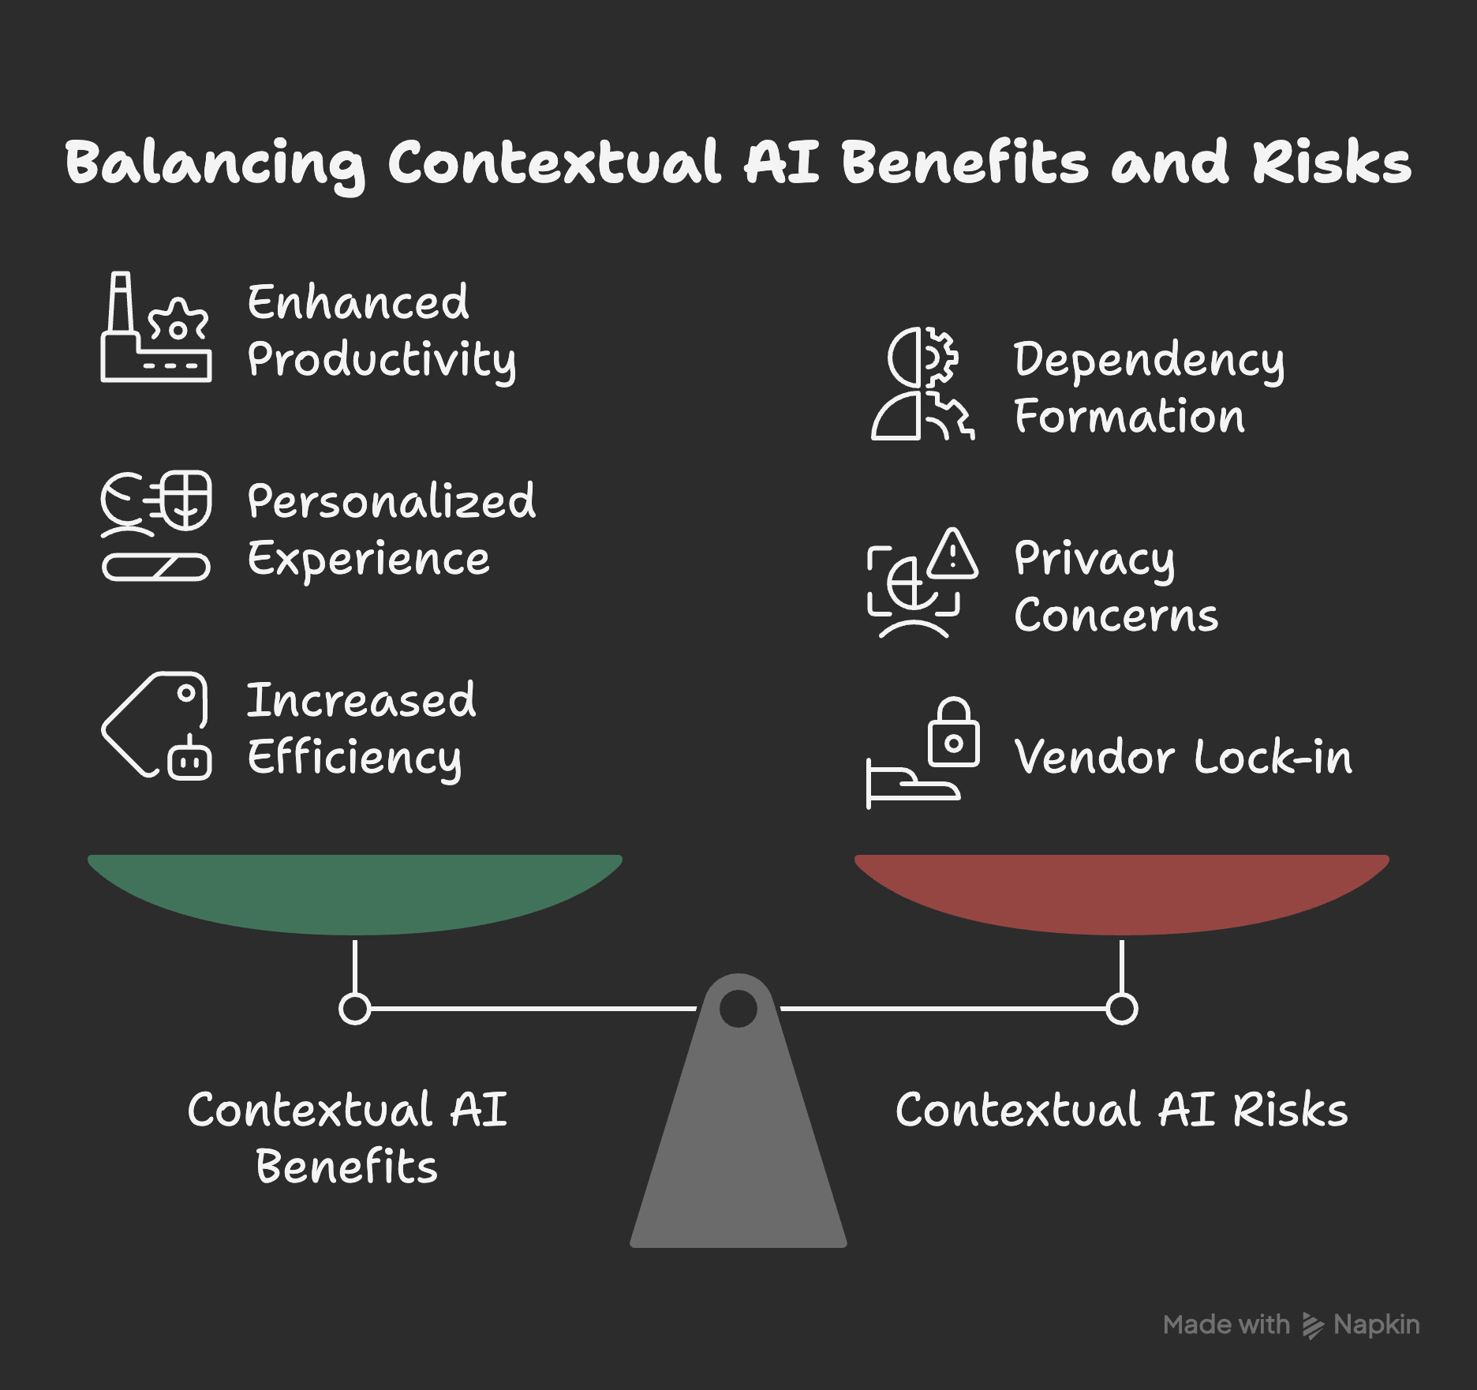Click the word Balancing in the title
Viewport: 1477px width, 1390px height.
[x=215, y=163]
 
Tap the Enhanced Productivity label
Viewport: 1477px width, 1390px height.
[x=381, y=331]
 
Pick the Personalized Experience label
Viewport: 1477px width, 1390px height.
[x=391, y=530]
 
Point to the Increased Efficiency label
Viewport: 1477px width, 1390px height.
[x=361, y=729]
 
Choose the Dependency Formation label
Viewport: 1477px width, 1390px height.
[x=1149, y=387]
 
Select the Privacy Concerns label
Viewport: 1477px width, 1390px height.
[x=1116, y=586]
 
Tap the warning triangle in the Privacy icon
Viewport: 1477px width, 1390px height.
[x=953, y=555]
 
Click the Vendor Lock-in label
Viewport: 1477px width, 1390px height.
[x=1183, y=757]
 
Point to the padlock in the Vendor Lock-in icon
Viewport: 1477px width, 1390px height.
[x=954, y=734]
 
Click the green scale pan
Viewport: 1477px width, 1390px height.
[x=355, y=892]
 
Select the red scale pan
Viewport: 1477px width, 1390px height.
[x=1121, y=892]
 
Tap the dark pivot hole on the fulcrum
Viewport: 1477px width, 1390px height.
[x=738, y=1008]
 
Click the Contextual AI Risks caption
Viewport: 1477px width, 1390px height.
[x=1121, y=1110]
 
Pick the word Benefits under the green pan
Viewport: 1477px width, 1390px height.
[x=346, y=1167]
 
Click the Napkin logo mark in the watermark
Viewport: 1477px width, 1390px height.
[x=1312, y=1325]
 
